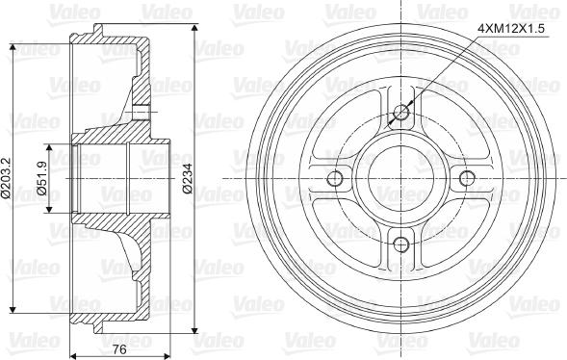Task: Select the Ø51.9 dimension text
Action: click(x=42, y=178)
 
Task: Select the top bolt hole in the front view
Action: click(x=401, y=114)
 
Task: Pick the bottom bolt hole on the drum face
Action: click(x=401, y=244)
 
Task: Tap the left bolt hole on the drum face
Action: click(x=336, y=179)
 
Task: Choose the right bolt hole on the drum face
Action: click(x=467, y=179)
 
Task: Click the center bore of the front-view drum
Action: click(x=401, y=179)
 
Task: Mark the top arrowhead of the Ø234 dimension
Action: click(x=197, y=25)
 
